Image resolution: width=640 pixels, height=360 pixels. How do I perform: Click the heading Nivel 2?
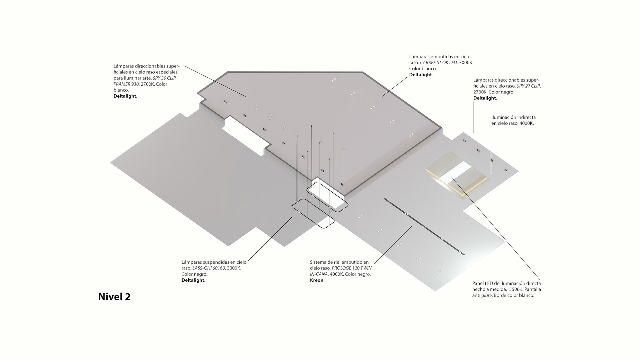click(114, 297)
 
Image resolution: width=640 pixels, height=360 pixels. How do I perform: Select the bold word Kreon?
click(317, 280)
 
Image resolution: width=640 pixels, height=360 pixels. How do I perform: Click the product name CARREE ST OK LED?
click(438, 63)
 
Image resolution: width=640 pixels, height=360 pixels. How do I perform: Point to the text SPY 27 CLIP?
click(529, 86)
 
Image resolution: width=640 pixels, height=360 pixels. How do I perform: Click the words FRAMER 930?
click(126, 84)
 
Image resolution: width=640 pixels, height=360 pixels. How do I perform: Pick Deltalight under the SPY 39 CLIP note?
click(125, 96)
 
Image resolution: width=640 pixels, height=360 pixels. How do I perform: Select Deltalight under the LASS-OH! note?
click(193, 280)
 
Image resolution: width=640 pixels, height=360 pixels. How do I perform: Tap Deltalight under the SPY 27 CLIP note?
click(484, 98)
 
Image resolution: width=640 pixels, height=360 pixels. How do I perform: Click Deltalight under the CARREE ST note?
click(420, 75)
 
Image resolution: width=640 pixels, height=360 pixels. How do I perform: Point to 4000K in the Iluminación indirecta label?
click(526, 123)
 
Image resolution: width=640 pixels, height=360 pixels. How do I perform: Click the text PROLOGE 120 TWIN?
click(351, 268)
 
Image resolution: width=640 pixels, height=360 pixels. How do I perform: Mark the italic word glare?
click(486, 295)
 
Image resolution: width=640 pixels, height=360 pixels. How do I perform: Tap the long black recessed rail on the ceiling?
click(424, 227)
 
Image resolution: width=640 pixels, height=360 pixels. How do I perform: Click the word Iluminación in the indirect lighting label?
click(503, 117)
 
